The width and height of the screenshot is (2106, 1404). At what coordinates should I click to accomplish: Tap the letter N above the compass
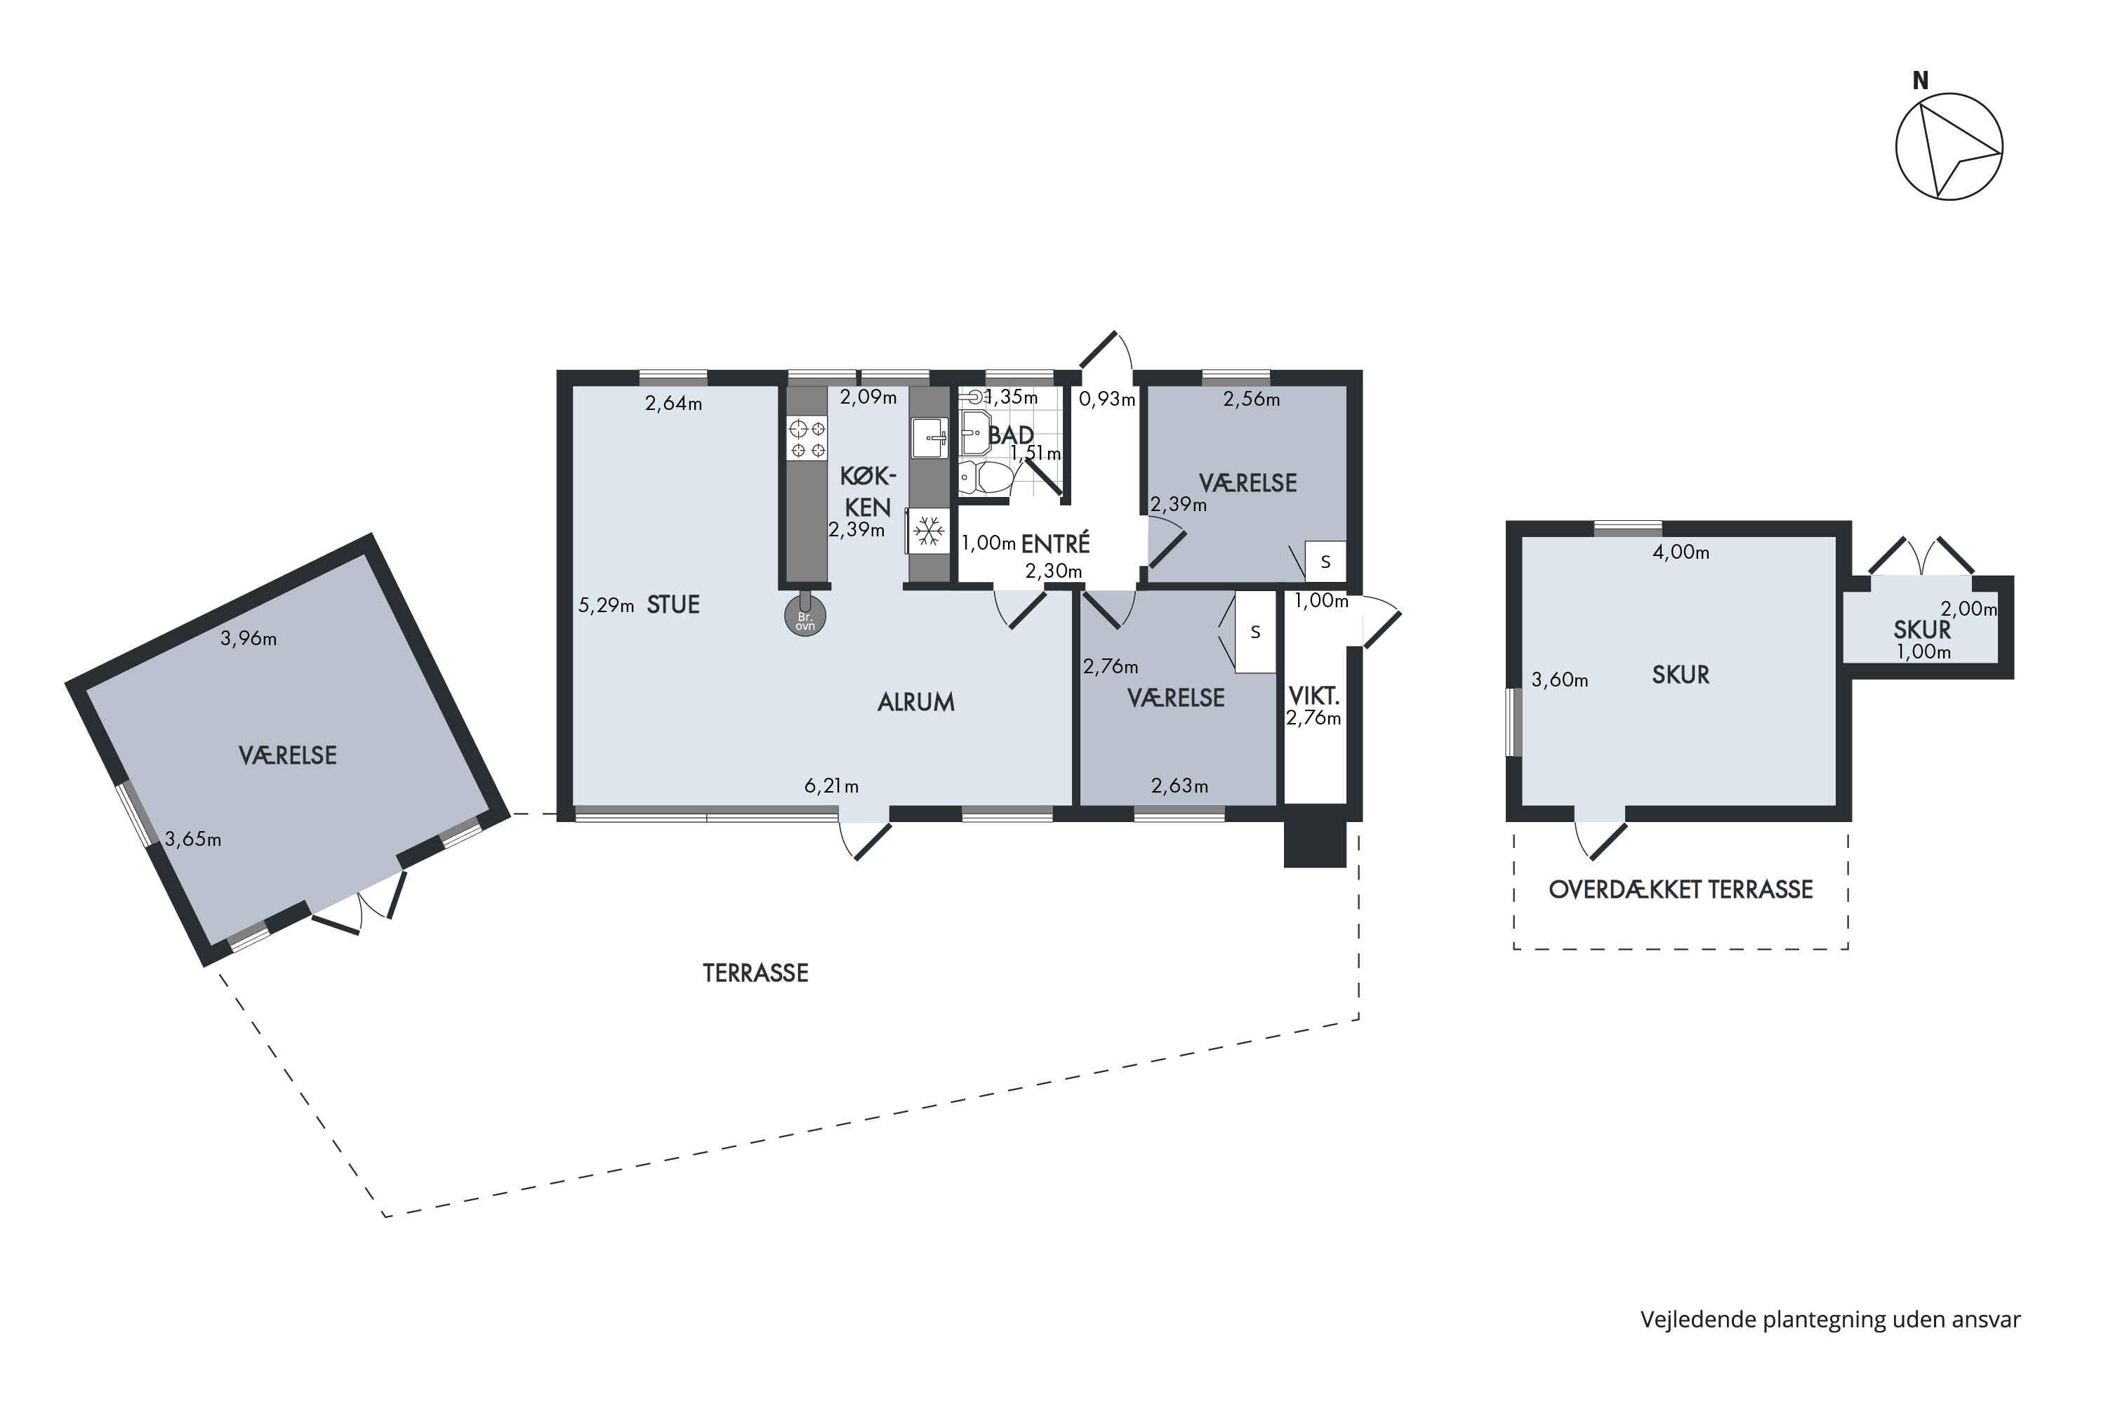click(x=1920, y=81)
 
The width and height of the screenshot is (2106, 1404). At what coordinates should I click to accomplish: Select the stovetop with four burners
click(x=806, y=439)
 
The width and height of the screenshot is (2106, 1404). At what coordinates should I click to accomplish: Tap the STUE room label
click(x=673, y=605)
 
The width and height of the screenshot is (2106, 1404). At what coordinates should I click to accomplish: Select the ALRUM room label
click(x=916, y=702)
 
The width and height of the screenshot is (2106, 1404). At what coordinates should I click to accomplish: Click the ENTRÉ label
click(x=1056, y=543)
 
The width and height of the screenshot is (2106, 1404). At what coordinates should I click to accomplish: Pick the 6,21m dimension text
click(x=831, y=786)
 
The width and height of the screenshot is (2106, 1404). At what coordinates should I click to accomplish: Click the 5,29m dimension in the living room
click(x=607, y=605)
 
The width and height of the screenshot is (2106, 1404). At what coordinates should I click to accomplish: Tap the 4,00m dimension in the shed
click(x=1681, y=552)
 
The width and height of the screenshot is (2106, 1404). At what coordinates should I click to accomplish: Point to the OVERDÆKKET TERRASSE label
click(x=1681, y=889)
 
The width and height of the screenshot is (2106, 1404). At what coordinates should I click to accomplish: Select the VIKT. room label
click(x=1313, y=696)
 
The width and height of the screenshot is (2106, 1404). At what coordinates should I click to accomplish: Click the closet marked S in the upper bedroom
click(x=1325, y=562)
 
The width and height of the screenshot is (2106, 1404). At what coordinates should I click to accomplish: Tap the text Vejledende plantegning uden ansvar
click(x=1830, y=1320)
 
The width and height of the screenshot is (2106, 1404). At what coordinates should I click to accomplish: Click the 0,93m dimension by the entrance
click(x=1107, y=399)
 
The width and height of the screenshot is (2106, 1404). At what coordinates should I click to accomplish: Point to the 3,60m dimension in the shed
click(x=1560, y=680)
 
